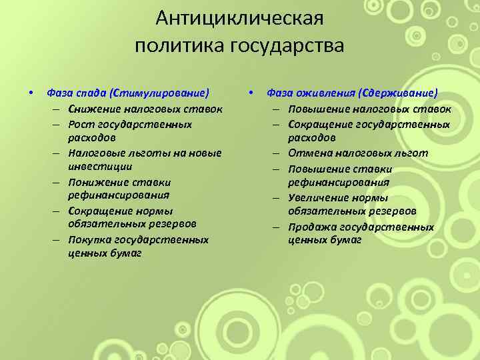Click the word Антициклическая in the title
point(240,17)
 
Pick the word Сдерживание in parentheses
point(397,93)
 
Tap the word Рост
point(81,124)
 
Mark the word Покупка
point(89,239)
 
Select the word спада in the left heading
point(91,93)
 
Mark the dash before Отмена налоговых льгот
point(279,153)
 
